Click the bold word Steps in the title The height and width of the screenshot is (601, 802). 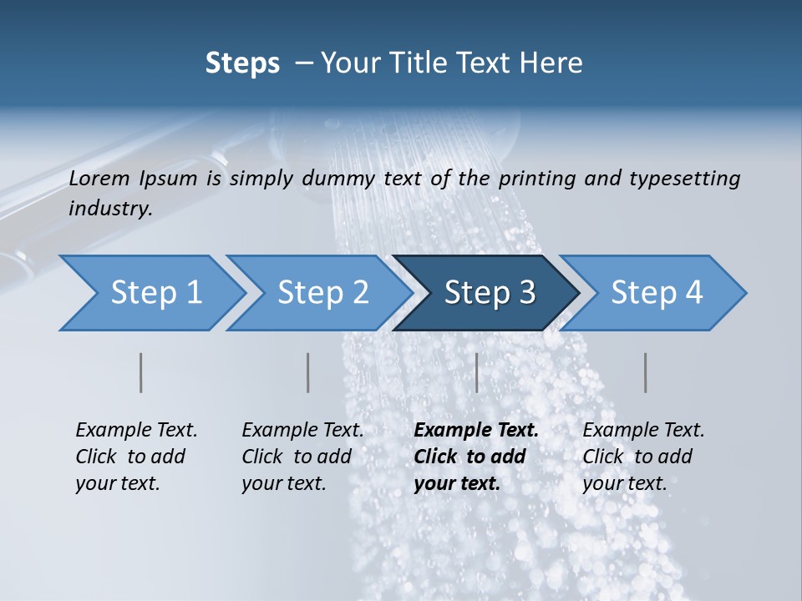click(x=242, y=63)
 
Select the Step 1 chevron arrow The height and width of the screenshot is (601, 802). click(x=150, y=293)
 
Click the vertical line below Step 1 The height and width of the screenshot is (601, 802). click(x=141, y=372)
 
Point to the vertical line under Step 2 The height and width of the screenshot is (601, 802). click(x=308, y=372)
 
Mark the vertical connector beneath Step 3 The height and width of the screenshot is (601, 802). click(x=476, y=372)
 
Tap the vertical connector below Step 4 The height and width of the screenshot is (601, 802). click(x=645, y=372)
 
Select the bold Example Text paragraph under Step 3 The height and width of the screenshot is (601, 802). click(x=475, y=457)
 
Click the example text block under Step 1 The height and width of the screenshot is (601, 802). click(x=135, y=457)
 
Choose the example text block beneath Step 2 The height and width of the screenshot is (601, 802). click(x=302, y=457)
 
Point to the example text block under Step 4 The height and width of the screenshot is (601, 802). click(x=642, y=457)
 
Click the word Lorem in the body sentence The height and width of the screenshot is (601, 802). click(x=99, y=178)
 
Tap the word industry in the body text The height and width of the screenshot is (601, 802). click(x=110, y=209)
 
